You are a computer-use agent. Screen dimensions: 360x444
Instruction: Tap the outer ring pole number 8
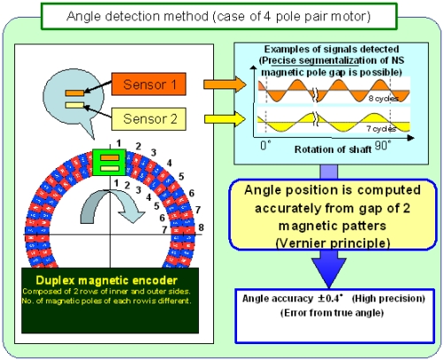click(203, 227)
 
